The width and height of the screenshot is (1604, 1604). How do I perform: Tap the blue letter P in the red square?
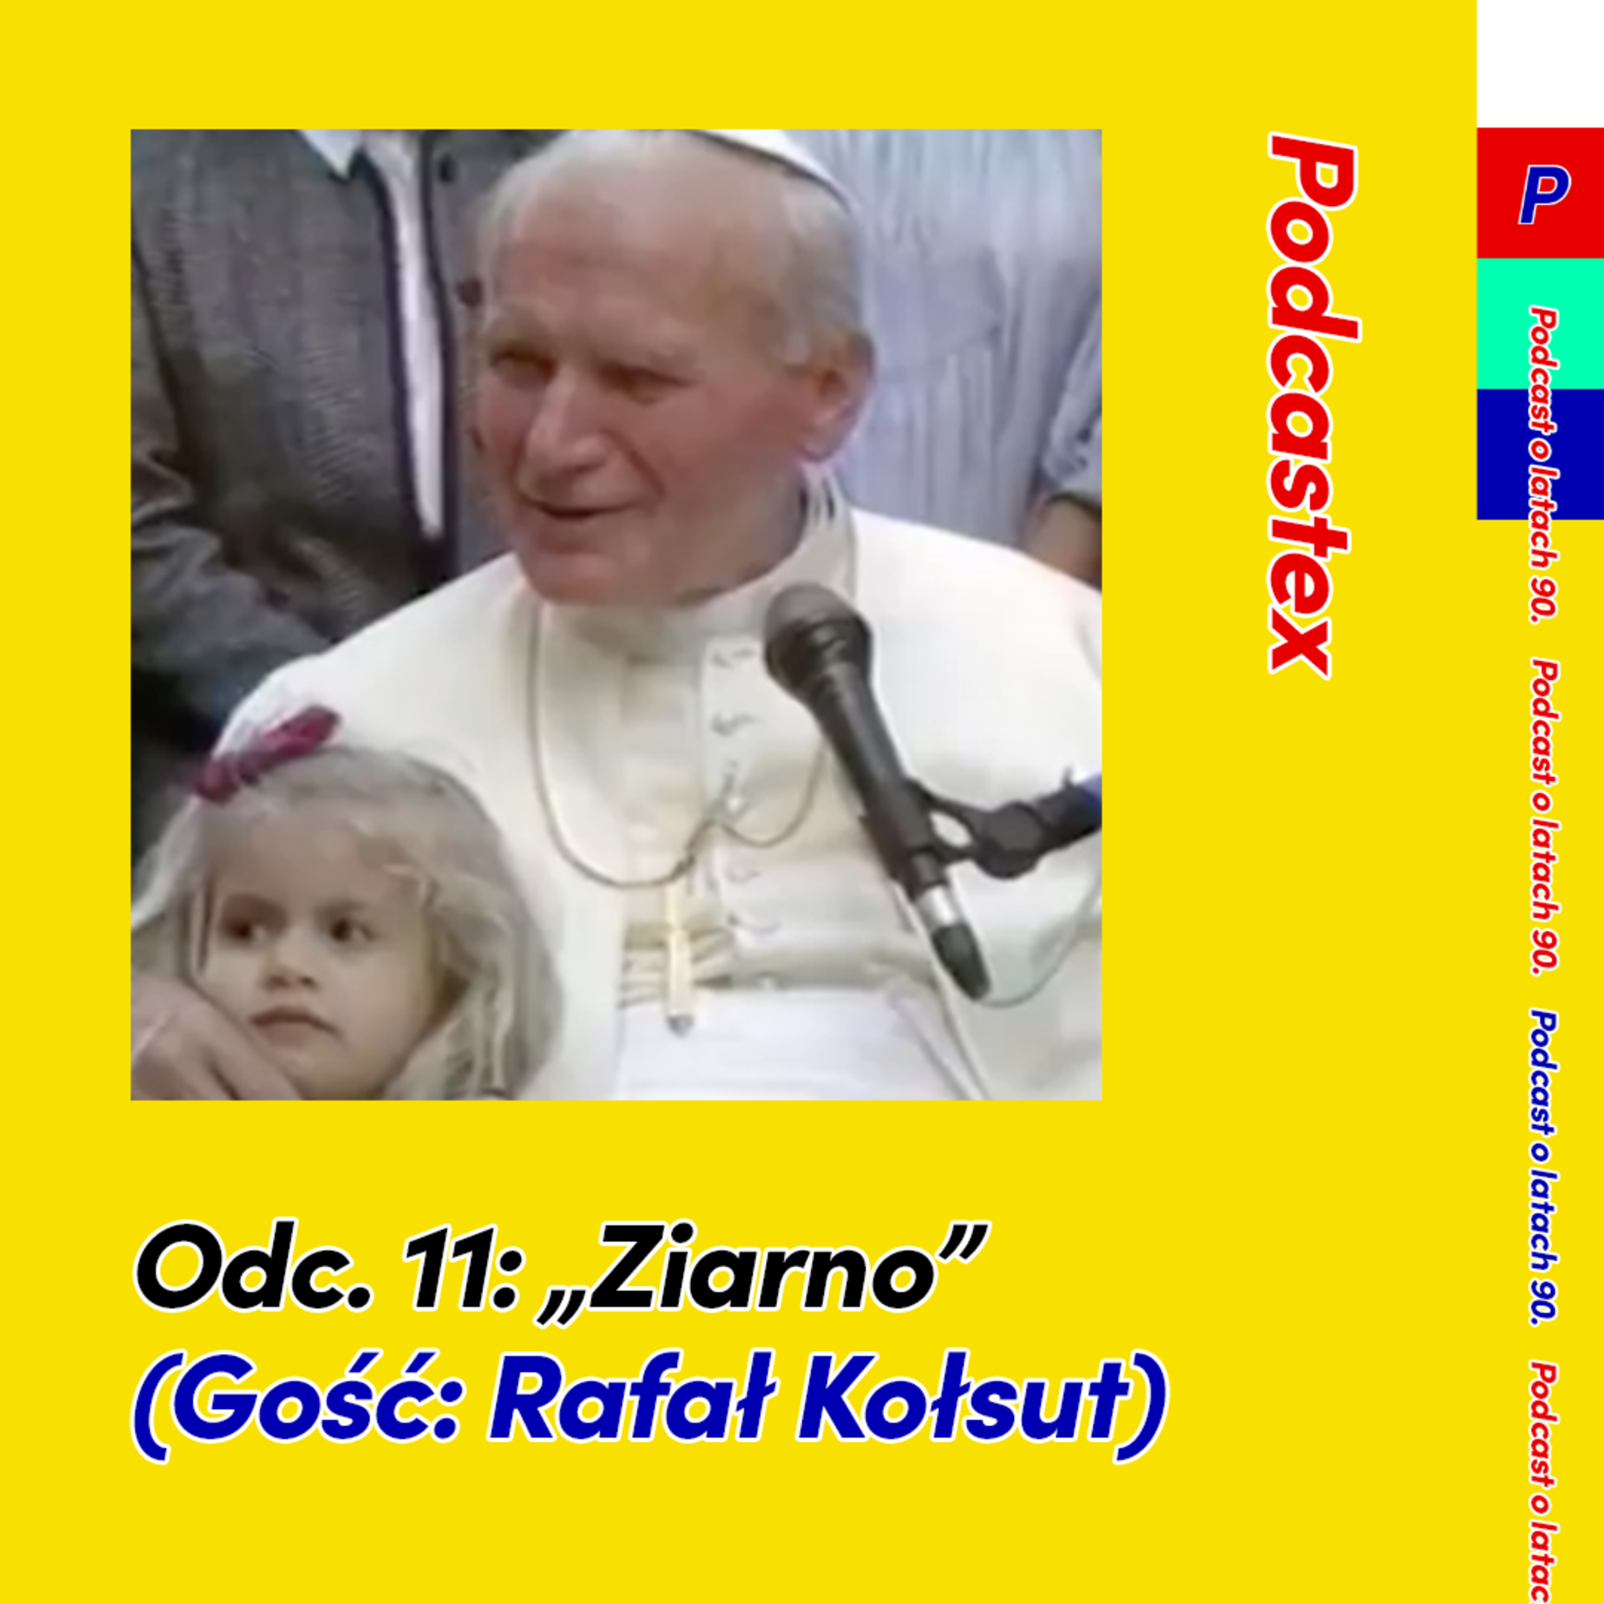[1543, 194]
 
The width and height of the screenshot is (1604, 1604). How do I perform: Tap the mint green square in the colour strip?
[1540, 324]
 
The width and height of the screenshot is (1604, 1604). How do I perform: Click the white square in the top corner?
[1540, 64]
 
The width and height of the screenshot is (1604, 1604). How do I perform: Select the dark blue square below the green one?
[1540, 454]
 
